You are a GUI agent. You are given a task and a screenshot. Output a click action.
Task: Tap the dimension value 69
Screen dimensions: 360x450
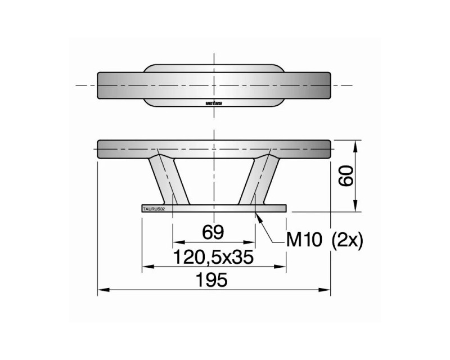coord(214,232)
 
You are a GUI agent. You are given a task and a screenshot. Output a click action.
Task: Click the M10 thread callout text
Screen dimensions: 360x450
coord(304,240)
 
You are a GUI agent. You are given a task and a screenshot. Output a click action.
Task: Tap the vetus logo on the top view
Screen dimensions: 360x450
coord(214,103)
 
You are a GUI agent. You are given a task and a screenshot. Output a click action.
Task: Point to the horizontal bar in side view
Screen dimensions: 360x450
coord(214,148)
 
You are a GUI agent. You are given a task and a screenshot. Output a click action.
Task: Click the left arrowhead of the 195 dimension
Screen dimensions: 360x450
coord(101,290)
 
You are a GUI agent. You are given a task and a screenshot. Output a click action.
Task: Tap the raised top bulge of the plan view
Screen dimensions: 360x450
coord(214,68)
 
